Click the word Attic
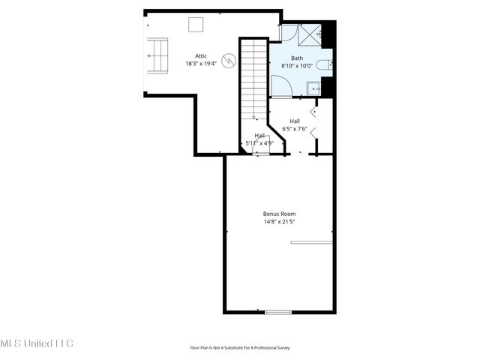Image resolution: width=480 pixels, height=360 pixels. coord(201,55)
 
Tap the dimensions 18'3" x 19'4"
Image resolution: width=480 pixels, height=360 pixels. coord(201,64)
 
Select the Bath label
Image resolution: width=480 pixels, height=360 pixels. coord(297,58)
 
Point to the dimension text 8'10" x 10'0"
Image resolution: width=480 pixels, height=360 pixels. coord(297,66)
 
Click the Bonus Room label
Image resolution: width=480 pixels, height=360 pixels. coord(279,214)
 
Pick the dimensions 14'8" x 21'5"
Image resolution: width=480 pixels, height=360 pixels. coord(279,222)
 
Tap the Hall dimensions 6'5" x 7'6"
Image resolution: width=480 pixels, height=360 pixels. coord(295,128)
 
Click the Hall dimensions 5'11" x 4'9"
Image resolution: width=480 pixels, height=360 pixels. coord(259,142)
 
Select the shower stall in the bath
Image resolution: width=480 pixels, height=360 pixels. coord(310,34)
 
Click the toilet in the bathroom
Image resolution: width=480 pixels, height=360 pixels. coord(323,66)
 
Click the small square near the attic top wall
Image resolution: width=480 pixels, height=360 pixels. coord(196,24)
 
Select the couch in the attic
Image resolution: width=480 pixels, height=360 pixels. coord(158,55)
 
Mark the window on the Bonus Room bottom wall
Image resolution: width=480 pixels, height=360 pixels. coord(278,312)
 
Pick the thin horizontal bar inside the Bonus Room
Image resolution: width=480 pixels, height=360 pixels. coord(310,241)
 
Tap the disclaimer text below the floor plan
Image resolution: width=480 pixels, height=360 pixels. coord(240,348)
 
